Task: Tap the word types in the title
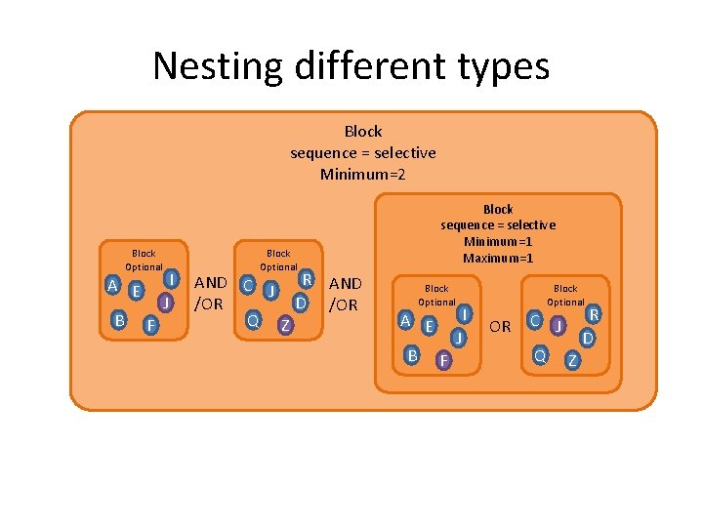click(x=499, y=67)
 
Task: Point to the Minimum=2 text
click(x=363, y=175)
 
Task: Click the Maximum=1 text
click(x=498, y=259)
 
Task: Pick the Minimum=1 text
click(x=498, y=242)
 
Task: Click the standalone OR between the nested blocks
click(x=500, y=327)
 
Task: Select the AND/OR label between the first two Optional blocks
click(x=211, y=294)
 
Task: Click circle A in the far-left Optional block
click(x=114, y=286)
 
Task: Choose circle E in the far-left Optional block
click(x=138, y=291)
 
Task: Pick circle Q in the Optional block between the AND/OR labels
click(x=252, y=320)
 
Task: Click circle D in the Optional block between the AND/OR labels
click(x=302, y=304)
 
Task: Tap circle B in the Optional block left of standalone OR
click(x=413, y=355)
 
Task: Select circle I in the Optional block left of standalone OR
click(x=466, y=314)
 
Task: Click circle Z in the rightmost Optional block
click(x=573, y=361)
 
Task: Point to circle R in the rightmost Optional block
click(x=593, y=315)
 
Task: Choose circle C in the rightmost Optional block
click(x=534, y=319)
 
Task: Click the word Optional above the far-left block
click(x=144, y=266)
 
